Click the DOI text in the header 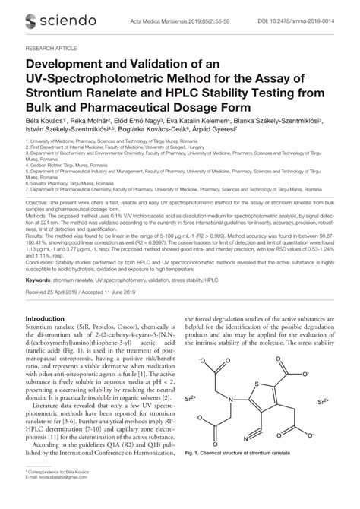click(308, 20)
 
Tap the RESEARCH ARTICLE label click(50, 46)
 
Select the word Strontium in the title click(56, 93)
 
